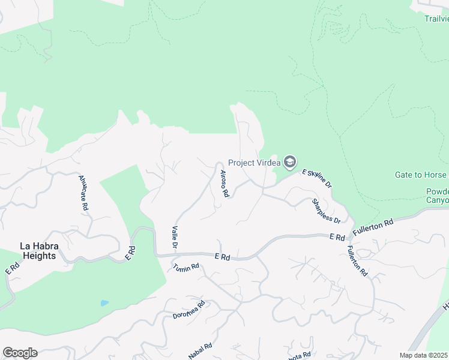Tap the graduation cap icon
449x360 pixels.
(x=290, y=163)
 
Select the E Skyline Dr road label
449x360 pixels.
(x=317, y=178)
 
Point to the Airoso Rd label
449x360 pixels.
(x=223, y=184)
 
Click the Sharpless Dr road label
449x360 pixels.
(x=326, y=211)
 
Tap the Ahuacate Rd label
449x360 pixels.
(x=83, y=192)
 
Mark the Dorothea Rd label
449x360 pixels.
(x=189, y=309)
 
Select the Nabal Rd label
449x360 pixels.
(x=200, y=349)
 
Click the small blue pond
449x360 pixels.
(x=105, y=303)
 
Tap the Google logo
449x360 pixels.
(x=20, y=353)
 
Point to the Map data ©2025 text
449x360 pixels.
(x=424, y=355)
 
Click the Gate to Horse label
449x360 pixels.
(x=421, y=175)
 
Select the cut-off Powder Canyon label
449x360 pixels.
(x=437, y=196)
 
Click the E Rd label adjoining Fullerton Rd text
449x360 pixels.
(x=337, y=238)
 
